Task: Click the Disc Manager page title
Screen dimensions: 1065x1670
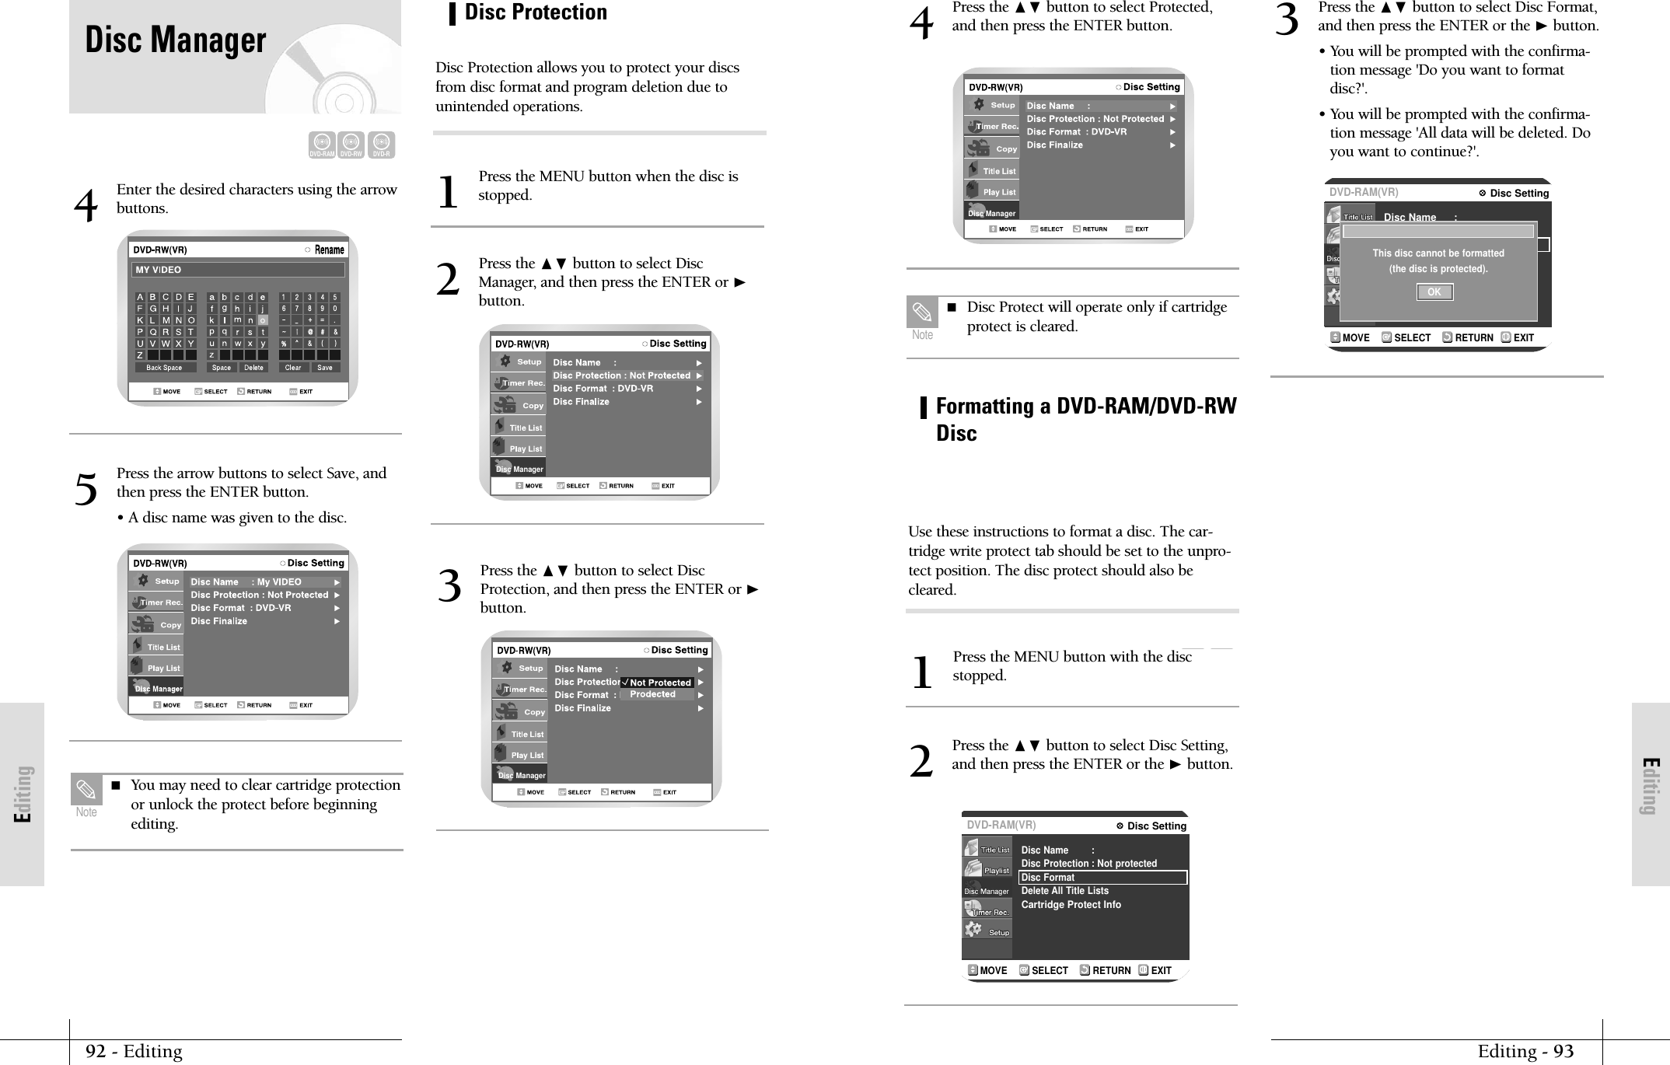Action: click(x=176, y=40)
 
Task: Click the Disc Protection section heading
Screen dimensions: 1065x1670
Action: click(x=536, y=12)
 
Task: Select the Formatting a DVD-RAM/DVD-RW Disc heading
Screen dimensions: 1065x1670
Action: click(x=1085, y=419)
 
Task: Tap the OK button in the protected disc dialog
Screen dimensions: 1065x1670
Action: click(x=1434, y=292)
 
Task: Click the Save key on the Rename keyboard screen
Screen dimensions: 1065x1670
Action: click(x=325, y=368)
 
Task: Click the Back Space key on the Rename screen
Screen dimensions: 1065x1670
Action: click(x=164, y=368)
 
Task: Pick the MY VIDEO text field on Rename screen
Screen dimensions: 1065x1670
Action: click(x=238, y=270)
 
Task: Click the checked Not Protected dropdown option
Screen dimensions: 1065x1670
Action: click(x=658, y=683)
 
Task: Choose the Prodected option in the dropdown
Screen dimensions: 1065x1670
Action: click(x=653, y=694)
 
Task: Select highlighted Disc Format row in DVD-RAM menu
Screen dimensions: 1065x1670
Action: click(x=1102, y=878)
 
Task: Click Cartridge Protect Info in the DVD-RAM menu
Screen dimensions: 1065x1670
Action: click(x=1071, y=905)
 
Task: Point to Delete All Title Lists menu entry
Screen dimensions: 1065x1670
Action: click(x=1064, y=891)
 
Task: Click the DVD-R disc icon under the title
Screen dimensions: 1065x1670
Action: click(x=381, y=145)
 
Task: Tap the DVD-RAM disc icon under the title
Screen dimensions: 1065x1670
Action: click(x=322, y=145)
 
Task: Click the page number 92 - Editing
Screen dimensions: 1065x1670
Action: click(x=134, y=1052)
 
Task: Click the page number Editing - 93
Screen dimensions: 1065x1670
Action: click(x=1525, y=1052)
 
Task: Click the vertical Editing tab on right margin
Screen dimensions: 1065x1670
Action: click(x=1650, y=785)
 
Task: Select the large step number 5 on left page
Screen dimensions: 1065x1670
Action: click(x=86, y=490)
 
